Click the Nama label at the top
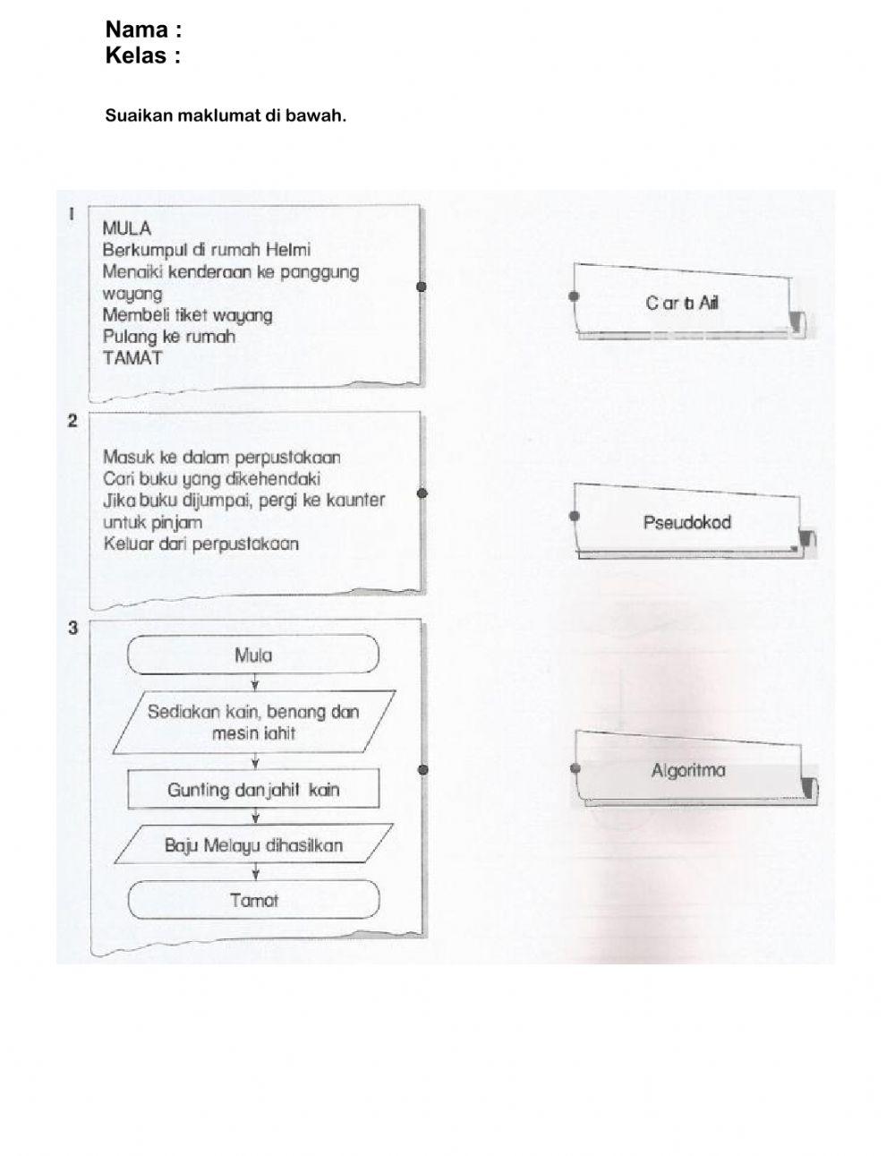coord(143,30)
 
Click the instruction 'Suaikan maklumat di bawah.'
coord(226,116)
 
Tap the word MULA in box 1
coord(127,228)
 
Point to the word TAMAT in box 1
coord(132,357)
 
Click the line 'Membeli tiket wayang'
coord(187,315)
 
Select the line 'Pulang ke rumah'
coord(169,337)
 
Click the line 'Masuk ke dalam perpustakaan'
coord(221,458)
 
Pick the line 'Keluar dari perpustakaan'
coord(200,544)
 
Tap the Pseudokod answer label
coord(686,522)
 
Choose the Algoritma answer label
coord(688,771)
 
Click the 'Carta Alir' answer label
coord(682,304)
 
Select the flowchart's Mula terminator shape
coord(253,655)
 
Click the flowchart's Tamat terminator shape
coord(253,901)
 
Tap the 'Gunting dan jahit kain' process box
coord(253,790)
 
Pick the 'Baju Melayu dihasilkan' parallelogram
coord(253,845)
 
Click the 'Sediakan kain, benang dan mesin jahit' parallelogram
coord(253,723)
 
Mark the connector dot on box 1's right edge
coord(422,287)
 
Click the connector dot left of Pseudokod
coord(575,516)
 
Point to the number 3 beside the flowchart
coord(73,628)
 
